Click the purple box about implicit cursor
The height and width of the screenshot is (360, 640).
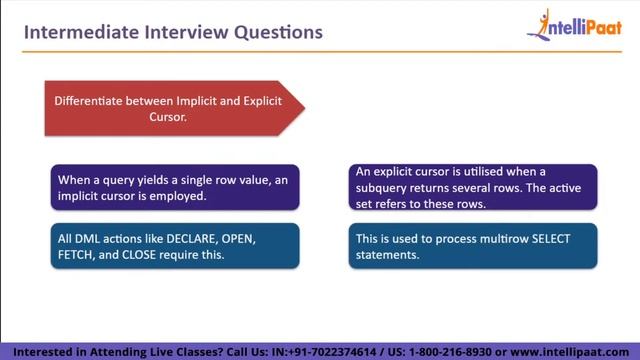(x=174, y=188)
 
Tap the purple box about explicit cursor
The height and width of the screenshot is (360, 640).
(x=472, y=188)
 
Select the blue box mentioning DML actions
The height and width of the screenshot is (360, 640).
(x=174, y=246)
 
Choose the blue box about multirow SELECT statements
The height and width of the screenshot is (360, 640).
(x=472, y=246)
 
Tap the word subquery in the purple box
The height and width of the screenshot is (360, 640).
(x=387, y=188)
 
